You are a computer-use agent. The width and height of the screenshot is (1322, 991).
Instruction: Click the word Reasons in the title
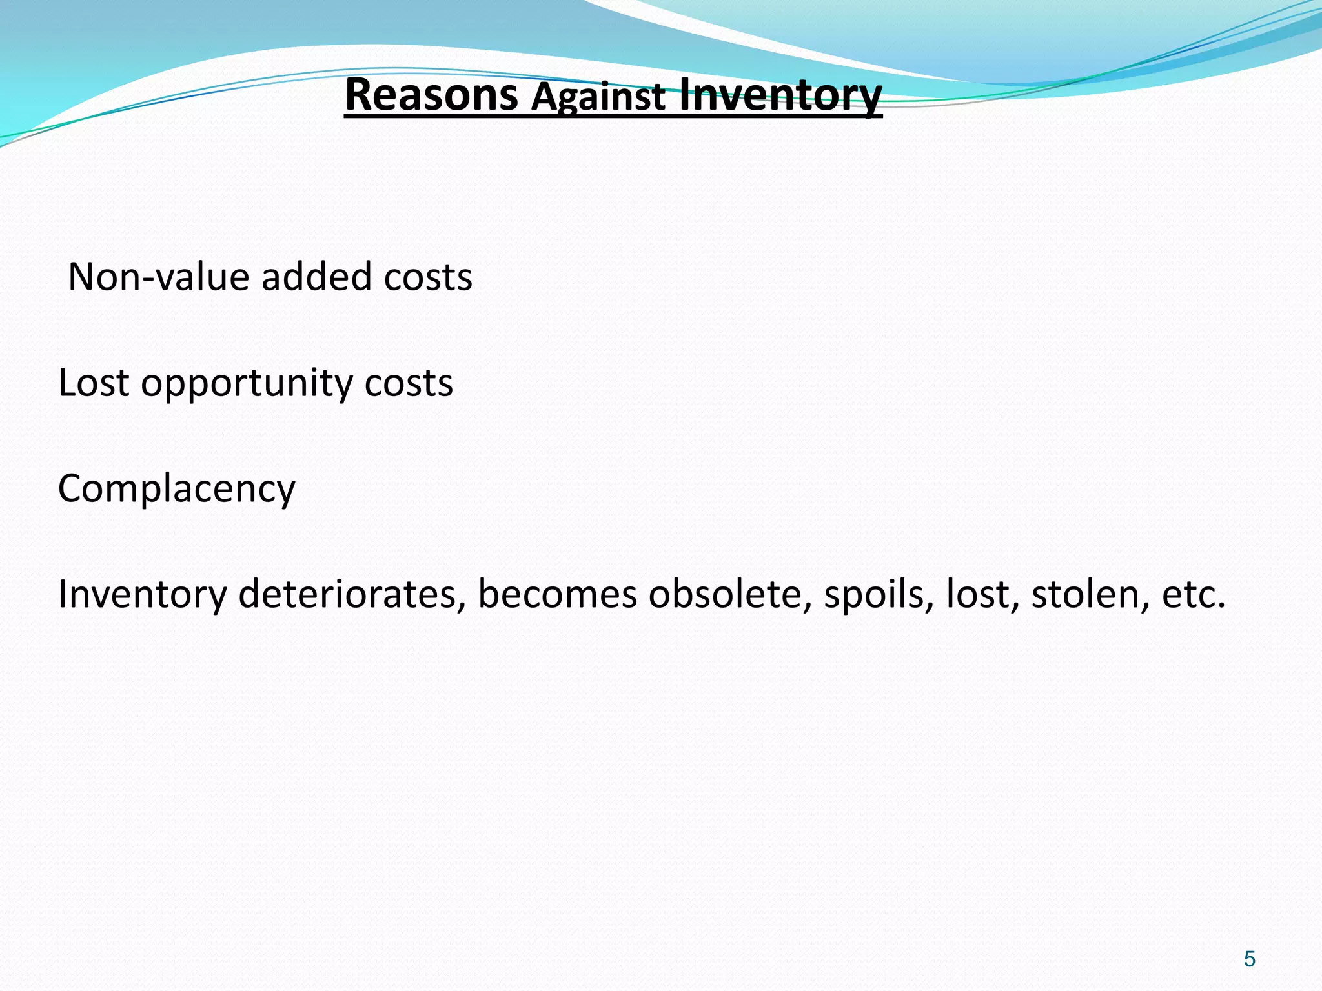coord(431,95)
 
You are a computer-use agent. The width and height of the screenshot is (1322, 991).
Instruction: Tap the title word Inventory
coord(780,95)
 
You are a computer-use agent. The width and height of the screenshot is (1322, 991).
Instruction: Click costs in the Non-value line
coord(428,277)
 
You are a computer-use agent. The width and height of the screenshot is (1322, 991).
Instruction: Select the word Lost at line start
coord(94,383)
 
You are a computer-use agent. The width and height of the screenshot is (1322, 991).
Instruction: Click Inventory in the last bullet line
coord(142,595)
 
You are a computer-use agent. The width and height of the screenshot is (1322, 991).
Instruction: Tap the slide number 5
coord(1250,959)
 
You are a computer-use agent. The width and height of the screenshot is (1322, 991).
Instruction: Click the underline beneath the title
coord(613,117)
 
